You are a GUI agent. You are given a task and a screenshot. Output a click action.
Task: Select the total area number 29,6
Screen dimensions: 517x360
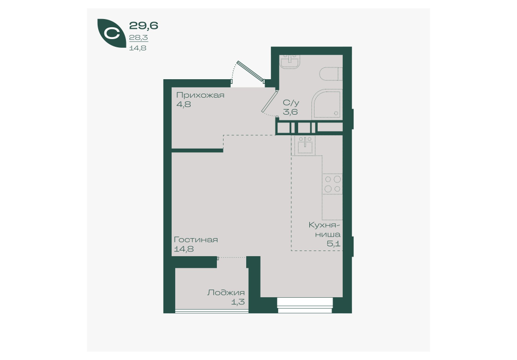pyautogui.click(x=143, y=25)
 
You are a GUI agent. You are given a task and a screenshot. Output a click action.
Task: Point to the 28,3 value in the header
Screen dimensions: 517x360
pyautogui.click(x=138, y=38)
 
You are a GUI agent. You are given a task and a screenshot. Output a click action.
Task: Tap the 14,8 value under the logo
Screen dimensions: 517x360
pyautogui.click(x=138, y=48)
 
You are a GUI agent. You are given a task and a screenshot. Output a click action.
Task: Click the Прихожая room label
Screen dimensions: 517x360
pyautogui.click(x=200, y=95)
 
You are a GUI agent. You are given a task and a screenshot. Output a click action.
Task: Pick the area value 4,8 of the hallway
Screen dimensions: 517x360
pyautogui.click(x=183, y=104)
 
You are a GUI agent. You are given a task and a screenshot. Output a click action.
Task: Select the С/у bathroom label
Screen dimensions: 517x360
pyautogui.click(x=291, y=103)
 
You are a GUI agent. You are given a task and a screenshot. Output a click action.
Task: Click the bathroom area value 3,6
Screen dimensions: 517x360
pyautogui.click(x=290, y=112)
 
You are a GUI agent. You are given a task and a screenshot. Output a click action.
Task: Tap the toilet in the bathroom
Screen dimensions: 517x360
pyautogui.click(x=331, y=74)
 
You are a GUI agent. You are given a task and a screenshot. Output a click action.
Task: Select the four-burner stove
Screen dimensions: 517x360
pyautogui.click(x=333, y=184)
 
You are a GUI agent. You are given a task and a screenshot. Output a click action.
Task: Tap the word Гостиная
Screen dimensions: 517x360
pyautogui.click(x=196, y=240)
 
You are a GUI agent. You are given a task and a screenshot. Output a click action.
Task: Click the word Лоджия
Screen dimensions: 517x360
pyautogui.click(x=226, y=293)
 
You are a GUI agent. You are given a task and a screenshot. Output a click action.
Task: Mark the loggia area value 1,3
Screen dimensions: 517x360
pyautogui.click(x=238, y=302)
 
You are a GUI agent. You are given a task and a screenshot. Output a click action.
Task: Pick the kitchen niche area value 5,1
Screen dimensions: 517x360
pyautogui.click(x=334, y=244)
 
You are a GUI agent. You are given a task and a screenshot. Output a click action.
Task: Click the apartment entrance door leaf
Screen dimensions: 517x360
pyautogui.click(x=251, y=70)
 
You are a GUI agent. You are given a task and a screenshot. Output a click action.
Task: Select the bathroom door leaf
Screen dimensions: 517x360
pyautogui.click(x=270, y=101)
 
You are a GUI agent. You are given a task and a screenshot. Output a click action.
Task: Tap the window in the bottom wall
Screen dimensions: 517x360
pyautogui.click(x=305, y=305)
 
